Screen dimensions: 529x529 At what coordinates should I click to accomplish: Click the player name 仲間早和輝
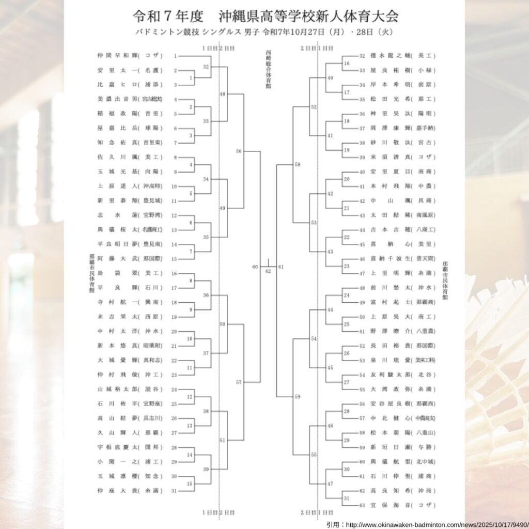116,56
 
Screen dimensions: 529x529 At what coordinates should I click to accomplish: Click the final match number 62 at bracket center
268,271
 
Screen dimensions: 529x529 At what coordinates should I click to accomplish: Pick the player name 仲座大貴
116,490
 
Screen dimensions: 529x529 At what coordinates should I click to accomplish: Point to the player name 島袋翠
116,273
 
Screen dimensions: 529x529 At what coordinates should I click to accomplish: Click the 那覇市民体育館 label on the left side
91,274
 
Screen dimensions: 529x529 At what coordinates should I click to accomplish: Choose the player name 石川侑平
116,403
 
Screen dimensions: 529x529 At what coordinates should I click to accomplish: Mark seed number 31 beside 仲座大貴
174,490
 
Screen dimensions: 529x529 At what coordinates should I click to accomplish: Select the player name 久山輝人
116,432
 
